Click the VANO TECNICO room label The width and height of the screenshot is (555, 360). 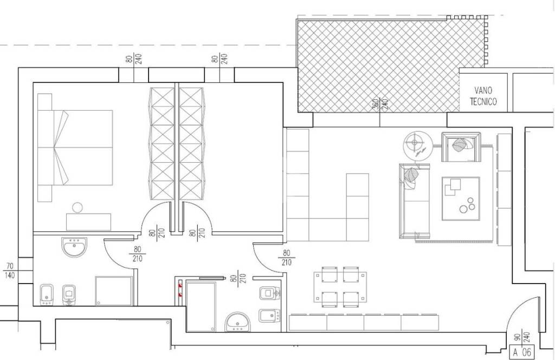tap(483, 97)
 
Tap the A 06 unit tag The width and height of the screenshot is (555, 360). tap(522, 352)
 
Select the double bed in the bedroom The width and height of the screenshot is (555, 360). tap(75, 147)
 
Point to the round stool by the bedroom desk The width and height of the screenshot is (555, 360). tap(77, 208)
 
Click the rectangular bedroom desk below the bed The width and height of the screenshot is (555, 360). tap(88, 222)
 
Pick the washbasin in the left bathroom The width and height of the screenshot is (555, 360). tap(74, 247)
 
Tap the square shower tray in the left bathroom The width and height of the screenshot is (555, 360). tap(114, 291)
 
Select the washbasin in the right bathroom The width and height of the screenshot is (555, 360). tap(237, 322)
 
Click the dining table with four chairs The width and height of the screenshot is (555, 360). tap(340, 287)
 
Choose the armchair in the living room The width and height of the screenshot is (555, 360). tap(461, 147)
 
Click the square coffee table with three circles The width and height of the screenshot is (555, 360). tap(461, 198)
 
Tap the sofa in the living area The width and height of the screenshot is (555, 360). tap(414, 201)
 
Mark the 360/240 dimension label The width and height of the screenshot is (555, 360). tap(380, 104)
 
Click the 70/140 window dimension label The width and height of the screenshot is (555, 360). tap(10, 270)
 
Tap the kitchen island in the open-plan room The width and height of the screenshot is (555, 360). tap(358, 208)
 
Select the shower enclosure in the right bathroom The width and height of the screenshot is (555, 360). tap(201, 306)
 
